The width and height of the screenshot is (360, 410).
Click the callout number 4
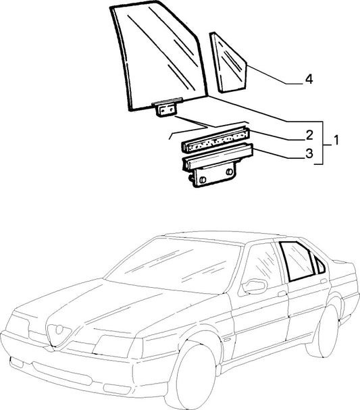pos(309,79)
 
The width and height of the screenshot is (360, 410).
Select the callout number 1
pos(336,140)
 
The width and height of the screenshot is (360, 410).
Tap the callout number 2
pos(309,135)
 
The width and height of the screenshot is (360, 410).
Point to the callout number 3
pos(309,153)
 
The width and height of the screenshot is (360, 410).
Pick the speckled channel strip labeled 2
pos(215,140)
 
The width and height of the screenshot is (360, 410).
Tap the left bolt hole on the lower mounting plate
pos(203,180)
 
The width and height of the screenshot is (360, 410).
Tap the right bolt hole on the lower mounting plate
pos(230,172)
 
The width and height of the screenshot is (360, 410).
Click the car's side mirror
pos(254,286)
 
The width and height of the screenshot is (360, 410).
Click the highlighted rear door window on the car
pos(297,261)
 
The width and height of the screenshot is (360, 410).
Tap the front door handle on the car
pos(282,294)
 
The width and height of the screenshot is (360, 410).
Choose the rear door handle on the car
pos(324,281)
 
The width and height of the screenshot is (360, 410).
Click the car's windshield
pos(174,265)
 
